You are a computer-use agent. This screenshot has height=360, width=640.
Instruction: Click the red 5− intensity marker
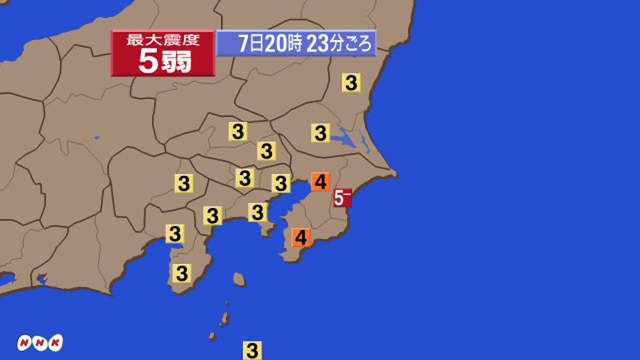pos(342,198)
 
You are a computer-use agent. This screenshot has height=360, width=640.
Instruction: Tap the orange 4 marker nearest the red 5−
pos(320,182)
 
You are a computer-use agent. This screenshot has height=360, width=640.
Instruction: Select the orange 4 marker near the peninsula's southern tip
pos(301,238)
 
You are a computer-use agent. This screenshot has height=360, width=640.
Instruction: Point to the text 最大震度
pos(163,40)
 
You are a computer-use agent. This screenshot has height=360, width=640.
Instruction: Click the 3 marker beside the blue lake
pos(321,132)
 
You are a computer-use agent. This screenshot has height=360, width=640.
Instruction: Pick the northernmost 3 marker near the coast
pos(351,84)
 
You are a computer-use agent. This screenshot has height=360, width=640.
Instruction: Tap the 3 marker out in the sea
pos(253,349)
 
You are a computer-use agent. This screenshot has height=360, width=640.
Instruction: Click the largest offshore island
pos(239,280)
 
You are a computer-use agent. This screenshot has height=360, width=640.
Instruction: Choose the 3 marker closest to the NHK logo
pos(181,272)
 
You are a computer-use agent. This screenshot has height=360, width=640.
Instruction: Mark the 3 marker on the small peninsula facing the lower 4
pos(258,212)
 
